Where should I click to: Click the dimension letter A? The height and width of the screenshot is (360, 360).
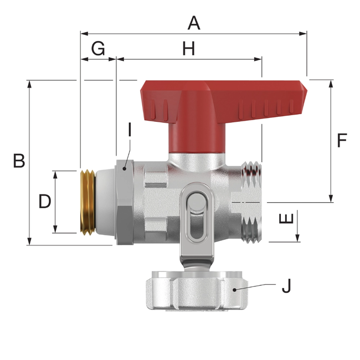pos(193,23)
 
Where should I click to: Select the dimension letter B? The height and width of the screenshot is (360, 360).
pos(19,161)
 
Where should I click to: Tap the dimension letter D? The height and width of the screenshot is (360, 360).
pos(45,202)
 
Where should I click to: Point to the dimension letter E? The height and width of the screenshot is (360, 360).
pos(286,220)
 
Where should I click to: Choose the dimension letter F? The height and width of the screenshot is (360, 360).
pos(342,141)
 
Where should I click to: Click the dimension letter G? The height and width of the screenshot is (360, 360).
pos(97,49)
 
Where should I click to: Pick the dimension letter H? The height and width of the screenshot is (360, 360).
pos(189,49)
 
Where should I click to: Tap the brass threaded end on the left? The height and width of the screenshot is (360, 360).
pos(87,202)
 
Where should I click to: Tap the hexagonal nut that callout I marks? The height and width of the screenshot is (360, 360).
pos(124,202)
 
